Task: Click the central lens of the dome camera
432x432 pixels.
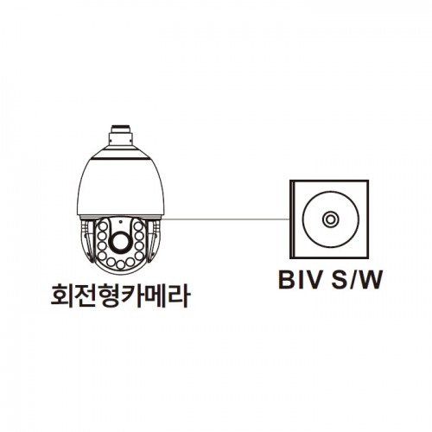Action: coord(120,241)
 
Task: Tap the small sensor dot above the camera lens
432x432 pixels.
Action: coord(120,222)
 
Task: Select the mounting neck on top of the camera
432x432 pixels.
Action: coord(121,135)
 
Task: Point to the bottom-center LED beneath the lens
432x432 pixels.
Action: coord(121,264)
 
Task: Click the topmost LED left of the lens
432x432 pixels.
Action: coord(103,226)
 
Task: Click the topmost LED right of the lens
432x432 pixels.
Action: coord(138,226)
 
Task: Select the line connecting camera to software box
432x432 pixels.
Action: coord(226,219)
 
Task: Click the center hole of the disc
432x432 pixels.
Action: coord(330,219)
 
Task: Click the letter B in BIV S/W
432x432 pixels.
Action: coord(288,279)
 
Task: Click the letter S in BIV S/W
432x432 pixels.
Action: coord(339,279)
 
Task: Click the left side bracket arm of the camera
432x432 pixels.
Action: coord(88,241)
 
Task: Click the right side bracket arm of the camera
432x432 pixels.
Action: coord(153,241)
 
